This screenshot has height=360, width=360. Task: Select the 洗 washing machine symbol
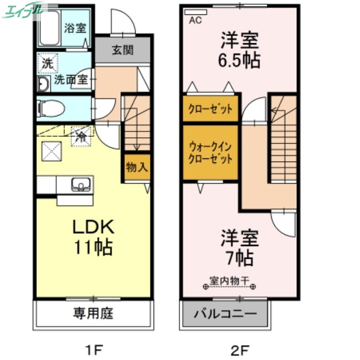coord(47,63)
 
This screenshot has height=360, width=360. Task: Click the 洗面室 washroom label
coord(71,80)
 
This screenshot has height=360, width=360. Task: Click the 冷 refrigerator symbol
coord(82,135)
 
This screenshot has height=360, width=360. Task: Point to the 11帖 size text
coord(94,247)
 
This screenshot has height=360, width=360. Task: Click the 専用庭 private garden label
coord(93,313)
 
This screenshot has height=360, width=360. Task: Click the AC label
coord(196,20)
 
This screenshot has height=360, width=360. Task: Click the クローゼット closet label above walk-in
coord(210,109)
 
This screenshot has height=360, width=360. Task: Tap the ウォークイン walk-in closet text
coord(210,147)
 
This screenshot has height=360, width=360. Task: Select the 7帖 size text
coord(239,258)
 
